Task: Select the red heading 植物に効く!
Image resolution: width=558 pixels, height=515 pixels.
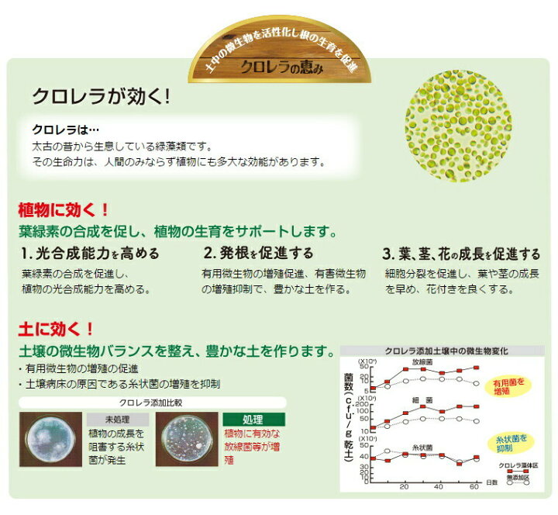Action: (63, 210)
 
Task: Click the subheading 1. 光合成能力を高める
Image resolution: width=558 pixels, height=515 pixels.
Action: (91, 254)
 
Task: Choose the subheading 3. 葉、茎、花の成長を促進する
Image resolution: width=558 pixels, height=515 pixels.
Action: (461, 254)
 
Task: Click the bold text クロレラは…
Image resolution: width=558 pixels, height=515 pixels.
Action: (66, 131)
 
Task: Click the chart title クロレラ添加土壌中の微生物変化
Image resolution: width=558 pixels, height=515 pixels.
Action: (436, 351)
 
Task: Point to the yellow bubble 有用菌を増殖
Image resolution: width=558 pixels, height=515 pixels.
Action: (508, 385)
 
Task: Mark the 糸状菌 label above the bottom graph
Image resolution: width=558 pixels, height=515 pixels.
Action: (422, 448)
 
